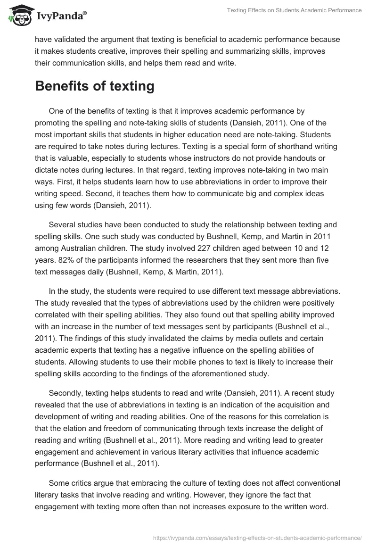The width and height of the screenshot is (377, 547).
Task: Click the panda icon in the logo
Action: [18, 16]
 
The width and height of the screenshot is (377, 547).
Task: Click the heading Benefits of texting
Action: [95, 86]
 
